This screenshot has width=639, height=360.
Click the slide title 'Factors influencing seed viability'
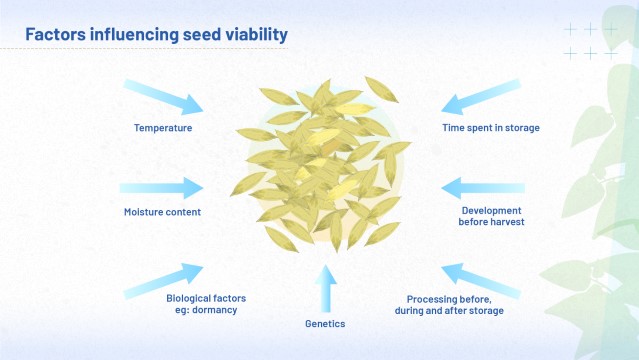click(x=156, y=35)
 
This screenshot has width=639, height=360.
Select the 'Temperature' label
click(x=163, y=128)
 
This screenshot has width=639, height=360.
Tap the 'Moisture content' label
click(x=162, y=212)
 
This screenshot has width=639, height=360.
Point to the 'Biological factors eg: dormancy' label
click(x=205, y=304)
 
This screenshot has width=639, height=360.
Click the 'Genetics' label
click(x=324, y=325)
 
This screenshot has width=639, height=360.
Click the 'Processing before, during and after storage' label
click(x=449, y=304)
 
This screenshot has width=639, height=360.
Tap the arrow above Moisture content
click(x=162, y=187)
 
